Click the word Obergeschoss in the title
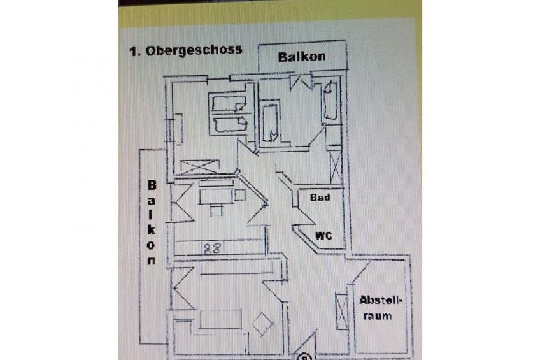pyautogui.click(x=194, y=50)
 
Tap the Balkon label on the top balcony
pyautogui.click(x=302, y=57)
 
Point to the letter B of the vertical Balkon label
pyautogui.click(x=152, y=185)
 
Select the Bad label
pyautogui.click(x=320, y=198)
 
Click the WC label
pyautogui.click(x=323, y=236)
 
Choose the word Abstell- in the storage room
pyautogui.click(x=381, y=300)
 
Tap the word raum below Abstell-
pyautogui.click(x=378, y=316)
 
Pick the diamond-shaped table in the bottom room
pyautogui.click(x=262, y=324)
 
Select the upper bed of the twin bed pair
pyautogui.click(x=229, y=104)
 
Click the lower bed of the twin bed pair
pyautogui.click(x=230, y=124)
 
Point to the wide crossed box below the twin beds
pyautogui.click(x=199, y=167)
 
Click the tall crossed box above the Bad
pyautogui.click(x=335, y=168)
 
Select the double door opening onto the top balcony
pyautogui.click(x=301, y=82)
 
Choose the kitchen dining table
pyautogui.click(x=216, y=196)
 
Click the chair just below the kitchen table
pyautogui.click(x=216, y=209)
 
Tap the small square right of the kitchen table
pyautogui.click(x=239, y=195)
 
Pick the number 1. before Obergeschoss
pyautogui.click(x=134, y=52)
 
